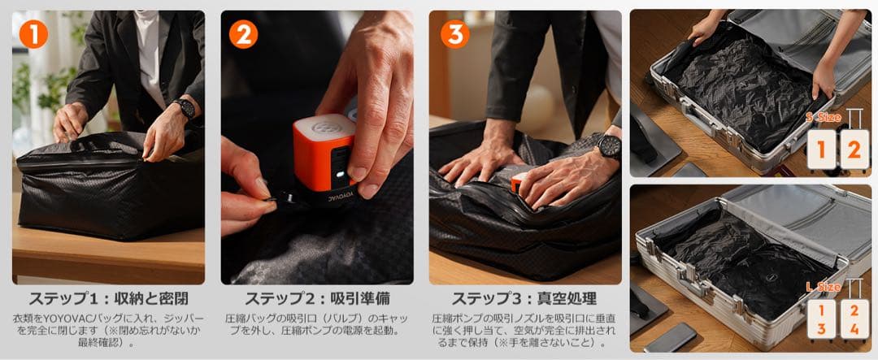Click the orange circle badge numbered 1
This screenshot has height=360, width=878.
(33, 33)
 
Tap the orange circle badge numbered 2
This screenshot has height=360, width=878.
(243, 33)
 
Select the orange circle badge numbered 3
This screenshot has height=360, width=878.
(454, 33)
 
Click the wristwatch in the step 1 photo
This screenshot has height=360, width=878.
(185, 108)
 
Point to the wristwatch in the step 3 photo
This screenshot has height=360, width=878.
(608, 146)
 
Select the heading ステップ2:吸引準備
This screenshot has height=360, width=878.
(317, 297)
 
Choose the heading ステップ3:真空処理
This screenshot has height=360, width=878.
(524, 297)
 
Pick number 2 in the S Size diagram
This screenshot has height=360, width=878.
(854, 150)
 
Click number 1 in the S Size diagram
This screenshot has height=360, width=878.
(821, 150)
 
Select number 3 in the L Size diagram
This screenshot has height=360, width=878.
(821, 329)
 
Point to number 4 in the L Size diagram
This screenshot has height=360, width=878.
(854, 329)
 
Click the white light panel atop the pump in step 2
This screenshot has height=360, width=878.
(325, 128)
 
